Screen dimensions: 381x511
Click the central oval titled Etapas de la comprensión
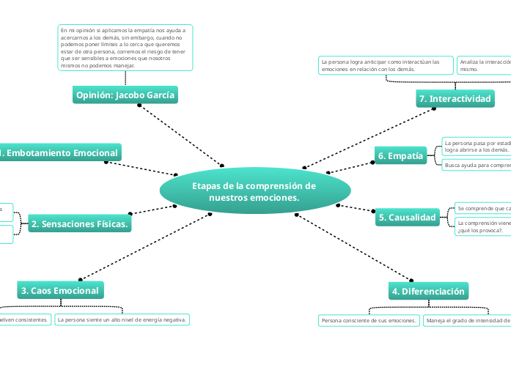254,191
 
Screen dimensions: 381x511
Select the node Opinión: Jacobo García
126,95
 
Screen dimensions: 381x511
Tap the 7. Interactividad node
454,98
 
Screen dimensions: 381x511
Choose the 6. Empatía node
401,155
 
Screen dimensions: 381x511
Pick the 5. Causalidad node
407,217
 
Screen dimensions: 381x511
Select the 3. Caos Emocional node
60,290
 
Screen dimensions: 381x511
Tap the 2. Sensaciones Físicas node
81,224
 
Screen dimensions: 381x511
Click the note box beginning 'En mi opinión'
125,48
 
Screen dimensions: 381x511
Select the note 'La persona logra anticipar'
386,65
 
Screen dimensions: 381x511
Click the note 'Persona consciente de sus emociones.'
370,320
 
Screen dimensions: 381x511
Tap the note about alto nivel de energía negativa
123,319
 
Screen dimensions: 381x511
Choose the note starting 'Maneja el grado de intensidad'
468,320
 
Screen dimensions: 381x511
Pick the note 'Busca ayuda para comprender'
477,165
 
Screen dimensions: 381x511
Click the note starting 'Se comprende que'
482,209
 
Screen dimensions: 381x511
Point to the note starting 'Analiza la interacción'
484,65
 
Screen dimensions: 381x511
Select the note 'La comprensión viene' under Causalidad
482,226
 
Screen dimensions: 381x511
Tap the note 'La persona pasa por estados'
477,145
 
